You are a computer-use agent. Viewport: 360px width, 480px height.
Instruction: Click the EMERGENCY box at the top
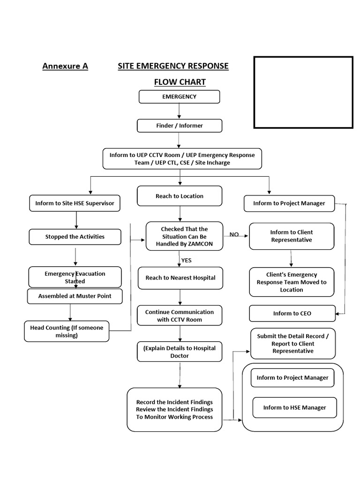(x=179, y=97)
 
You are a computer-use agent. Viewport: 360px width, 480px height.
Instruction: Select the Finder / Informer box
(x=179, y=126)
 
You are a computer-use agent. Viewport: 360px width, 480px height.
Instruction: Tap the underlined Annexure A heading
(x=65, y=66)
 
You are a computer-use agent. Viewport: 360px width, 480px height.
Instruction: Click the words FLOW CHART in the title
(x=180, y=82)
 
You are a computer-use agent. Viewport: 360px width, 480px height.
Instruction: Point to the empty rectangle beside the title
(x=303, y=92)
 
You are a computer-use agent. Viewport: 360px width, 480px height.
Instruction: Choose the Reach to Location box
(x=179, y=196)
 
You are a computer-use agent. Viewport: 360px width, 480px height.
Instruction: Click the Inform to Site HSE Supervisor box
(x=75, y=203)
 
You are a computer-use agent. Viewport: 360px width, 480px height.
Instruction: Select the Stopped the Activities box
(x=75, y=237)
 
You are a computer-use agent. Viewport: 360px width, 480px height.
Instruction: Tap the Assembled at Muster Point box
(x=75, y=296)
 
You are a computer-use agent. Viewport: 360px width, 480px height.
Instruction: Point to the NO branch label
(x=234, y=234)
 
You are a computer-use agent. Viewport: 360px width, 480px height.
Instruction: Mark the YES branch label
(x=186, y=261)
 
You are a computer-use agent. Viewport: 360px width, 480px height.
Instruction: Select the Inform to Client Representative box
(x=291, y=236)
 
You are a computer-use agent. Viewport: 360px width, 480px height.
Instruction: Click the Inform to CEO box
(x=292, y=314)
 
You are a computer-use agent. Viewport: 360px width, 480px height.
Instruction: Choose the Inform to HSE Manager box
(x=294, y=407)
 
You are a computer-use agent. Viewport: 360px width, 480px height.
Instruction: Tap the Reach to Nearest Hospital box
(x=180, y=278)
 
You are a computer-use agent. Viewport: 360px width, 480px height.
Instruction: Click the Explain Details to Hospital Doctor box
(x=179, y=352)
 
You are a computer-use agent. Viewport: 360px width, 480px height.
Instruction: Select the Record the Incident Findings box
(x=174, y=410)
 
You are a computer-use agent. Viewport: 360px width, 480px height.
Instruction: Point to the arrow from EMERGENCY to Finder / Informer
(x=180, y=111)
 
